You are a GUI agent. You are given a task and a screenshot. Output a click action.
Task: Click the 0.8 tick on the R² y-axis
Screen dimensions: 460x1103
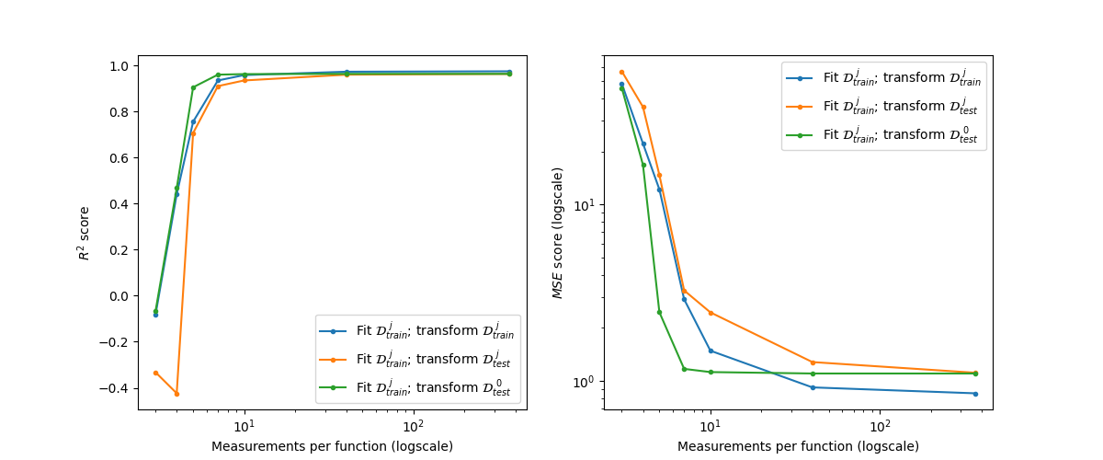click(121, 112)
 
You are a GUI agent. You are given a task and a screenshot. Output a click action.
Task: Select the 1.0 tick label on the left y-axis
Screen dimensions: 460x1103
click(121, 66)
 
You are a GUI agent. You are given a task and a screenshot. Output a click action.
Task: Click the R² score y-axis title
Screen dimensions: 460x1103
click(85, 233)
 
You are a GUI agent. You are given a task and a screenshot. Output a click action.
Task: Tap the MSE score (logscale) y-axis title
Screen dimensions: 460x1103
click(557, 233)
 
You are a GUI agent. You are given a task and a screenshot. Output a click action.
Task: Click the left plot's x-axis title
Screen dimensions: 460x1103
click(332, 447)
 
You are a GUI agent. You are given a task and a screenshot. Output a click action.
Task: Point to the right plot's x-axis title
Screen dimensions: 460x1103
click(798, 447)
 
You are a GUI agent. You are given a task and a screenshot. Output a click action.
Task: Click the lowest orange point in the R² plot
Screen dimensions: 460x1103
click(176, 394)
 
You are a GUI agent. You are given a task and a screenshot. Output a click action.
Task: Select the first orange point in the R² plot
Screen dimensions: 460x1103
click(155, 373)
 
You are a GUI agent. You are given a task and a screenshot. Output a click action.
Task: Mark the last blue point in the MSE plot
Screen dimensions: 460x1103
click(975, 394)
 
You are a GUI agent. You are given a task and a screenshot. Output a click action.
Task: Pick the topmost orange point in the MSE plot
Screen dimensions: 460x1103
click(621, 72)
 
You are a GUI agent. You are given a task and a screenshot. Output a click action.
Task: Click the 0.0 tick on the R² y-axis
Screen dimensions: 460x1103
click(121, 296)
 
